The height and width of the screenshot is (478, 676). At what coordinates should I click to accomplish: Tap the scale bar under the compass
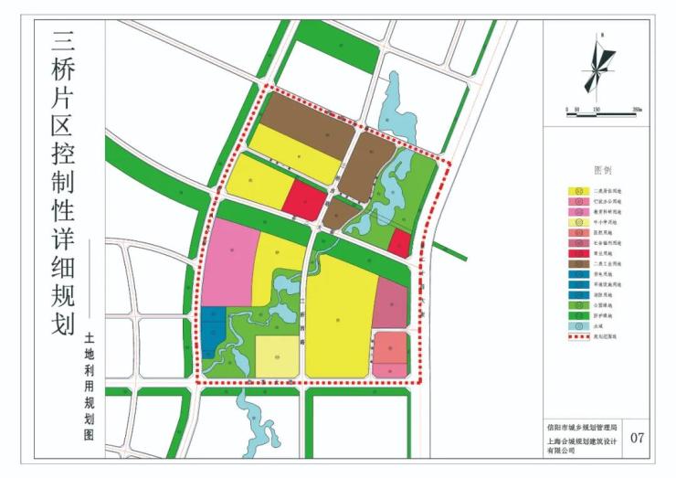point(600,114)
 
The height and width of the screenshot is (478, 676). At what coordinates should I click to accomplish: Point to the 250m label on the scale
point(637,109)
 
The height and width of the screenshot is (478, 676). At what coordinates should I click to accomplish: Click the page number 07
point(637,438)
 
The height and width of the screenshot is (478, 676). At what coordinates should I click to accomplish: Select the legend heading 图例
point(602,170)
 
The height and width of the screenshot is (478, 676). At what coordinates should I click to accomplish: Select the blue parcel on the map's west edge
point(212,331)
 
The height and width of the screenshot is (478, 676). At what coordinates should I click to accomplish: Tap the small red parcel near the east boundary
point(399,242)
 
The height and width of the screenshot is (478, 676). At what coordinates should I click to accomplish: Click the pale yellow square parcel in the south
point(276,356)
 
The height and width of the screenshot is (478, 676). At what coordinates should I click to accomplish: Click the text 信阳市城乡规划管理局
point(582,426)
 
